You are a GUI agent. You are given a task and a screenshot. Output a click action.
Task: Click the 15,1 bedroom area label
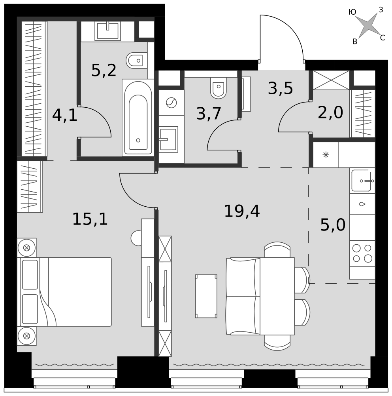click(90, 219)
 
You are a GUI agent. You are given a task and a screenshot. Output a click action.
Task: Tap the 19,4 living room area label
click(242, 211)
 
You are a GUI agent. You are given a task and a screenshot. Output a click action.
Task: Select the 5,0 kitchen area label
click(333, 225)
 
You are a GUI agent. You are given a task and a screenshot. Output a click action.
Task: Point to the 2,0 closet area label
click(330, 112)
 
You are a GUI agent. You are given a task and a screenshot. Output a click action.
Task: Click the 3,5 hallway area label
click(280, 88)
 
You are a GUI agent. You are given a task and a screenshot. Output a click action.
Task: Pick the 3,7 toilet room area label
click(209, 113)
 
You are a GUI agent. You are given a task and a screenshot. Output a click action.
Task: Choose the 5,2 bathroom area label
click(104, 70)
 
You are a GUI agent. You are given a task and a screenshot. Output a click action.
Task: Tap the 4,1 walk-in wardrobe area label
click(64, 115)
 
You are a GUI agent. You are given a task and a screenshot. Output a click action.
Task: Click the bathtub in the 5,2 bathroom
click(138, 118)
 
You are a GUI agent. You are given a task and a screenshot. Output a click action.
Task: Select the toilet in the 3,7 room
click(218, 88)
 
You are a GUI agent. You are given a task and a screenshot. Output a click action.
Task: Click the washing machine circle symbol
click(171, 103)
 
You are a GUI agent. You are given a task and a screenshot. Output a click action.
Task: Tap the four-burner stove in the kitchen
click(362, 253)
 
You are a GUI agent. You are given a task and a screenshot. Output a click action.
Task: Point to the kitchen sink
click(362, 181)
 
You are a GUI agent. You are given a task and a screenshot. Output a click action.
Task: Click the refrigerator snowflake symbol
click(326, 155)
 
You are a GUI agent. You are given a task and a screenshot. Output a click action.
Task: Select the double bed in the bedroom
click(64, 292)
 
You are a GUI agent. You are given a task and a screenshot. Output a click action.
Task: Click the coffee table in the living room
click(206, 296)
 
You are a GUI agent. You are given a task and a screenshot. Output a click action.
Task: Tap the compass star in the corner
click(368, 25)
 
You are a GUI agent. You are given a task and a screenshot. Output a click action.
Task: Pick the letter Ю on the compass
click(352, 12)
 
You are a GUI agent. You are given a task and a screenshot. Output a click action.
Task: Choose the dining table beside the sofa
click(277, 296)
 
